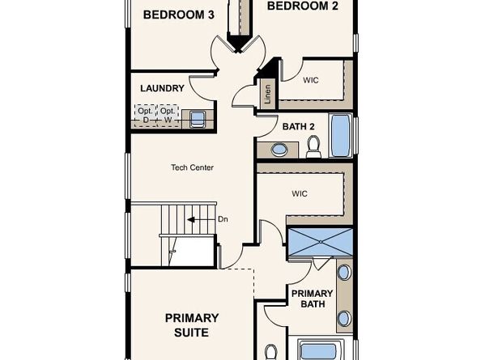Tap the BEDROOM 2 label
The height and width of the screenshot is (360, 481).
point(303,6)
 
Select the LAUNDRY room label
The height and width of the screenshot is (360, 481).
point(162,88)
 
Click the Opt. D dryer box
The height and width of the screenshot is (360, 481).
point(146,116)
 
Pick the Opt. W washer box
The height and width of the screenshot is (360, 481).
point(168,116)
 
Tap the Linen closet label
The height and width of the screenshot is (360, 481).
point(266,95)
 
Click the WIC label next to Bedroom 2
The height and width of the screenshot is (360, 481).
point(312,81)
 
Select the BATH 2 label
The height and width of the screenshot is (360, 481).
point(299,125)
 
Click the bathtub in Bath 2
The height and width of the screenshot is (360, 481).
point(342,135)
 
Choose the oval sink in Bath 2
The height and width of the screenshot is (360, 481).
point(279,150)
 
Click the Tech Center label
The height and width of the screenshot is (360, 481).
point(192,167)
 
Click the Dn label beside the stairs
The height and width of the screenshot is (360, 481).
point(223,219)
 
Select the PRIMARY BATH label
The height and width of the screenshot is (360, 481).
point(308,299)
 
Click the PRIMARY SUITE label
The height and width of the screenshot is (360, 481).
point(193,324)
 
